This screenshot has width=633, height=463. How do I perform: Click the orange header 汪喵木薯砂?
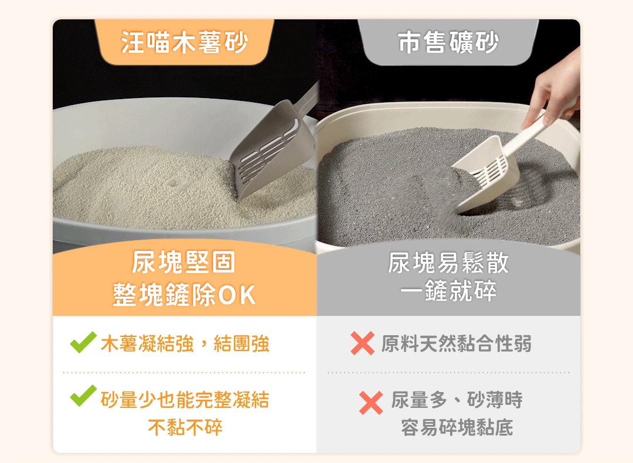185,43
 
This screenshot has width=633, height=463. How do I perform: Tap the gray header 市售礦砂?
448,43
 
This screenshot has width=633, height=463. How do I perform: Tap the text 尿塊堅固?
184,263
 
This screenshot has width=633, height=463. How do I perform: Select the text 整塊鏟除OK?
184,295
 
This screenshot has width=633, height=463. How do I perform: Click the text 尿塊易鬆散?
448,263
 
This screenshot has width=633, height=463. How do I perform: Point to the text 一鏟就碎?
448,291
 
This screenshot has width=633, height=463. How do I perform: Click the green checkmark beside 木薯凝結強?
83,343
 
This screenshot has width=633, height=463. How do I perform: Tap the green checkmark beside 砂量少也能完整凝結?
83,396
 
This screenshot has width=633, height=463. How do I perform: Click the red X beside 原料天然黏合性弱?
362,343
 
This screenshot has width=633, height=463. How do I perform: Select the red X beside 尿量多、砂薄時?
371,403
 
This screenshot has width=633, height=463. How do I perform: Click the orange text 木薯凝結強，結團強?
185,344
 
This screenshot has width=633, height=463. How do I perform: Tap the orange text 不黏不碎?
185,427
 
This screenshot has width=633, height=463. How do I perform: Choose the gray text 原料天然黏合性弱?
457,344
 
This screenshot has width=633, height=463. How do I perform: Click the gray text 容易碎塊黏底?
457,427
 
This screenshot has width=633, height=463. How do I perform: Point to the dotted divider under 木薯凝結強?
184,372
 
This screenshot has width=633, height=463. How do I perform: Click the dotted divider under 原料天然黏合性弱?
448,372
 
